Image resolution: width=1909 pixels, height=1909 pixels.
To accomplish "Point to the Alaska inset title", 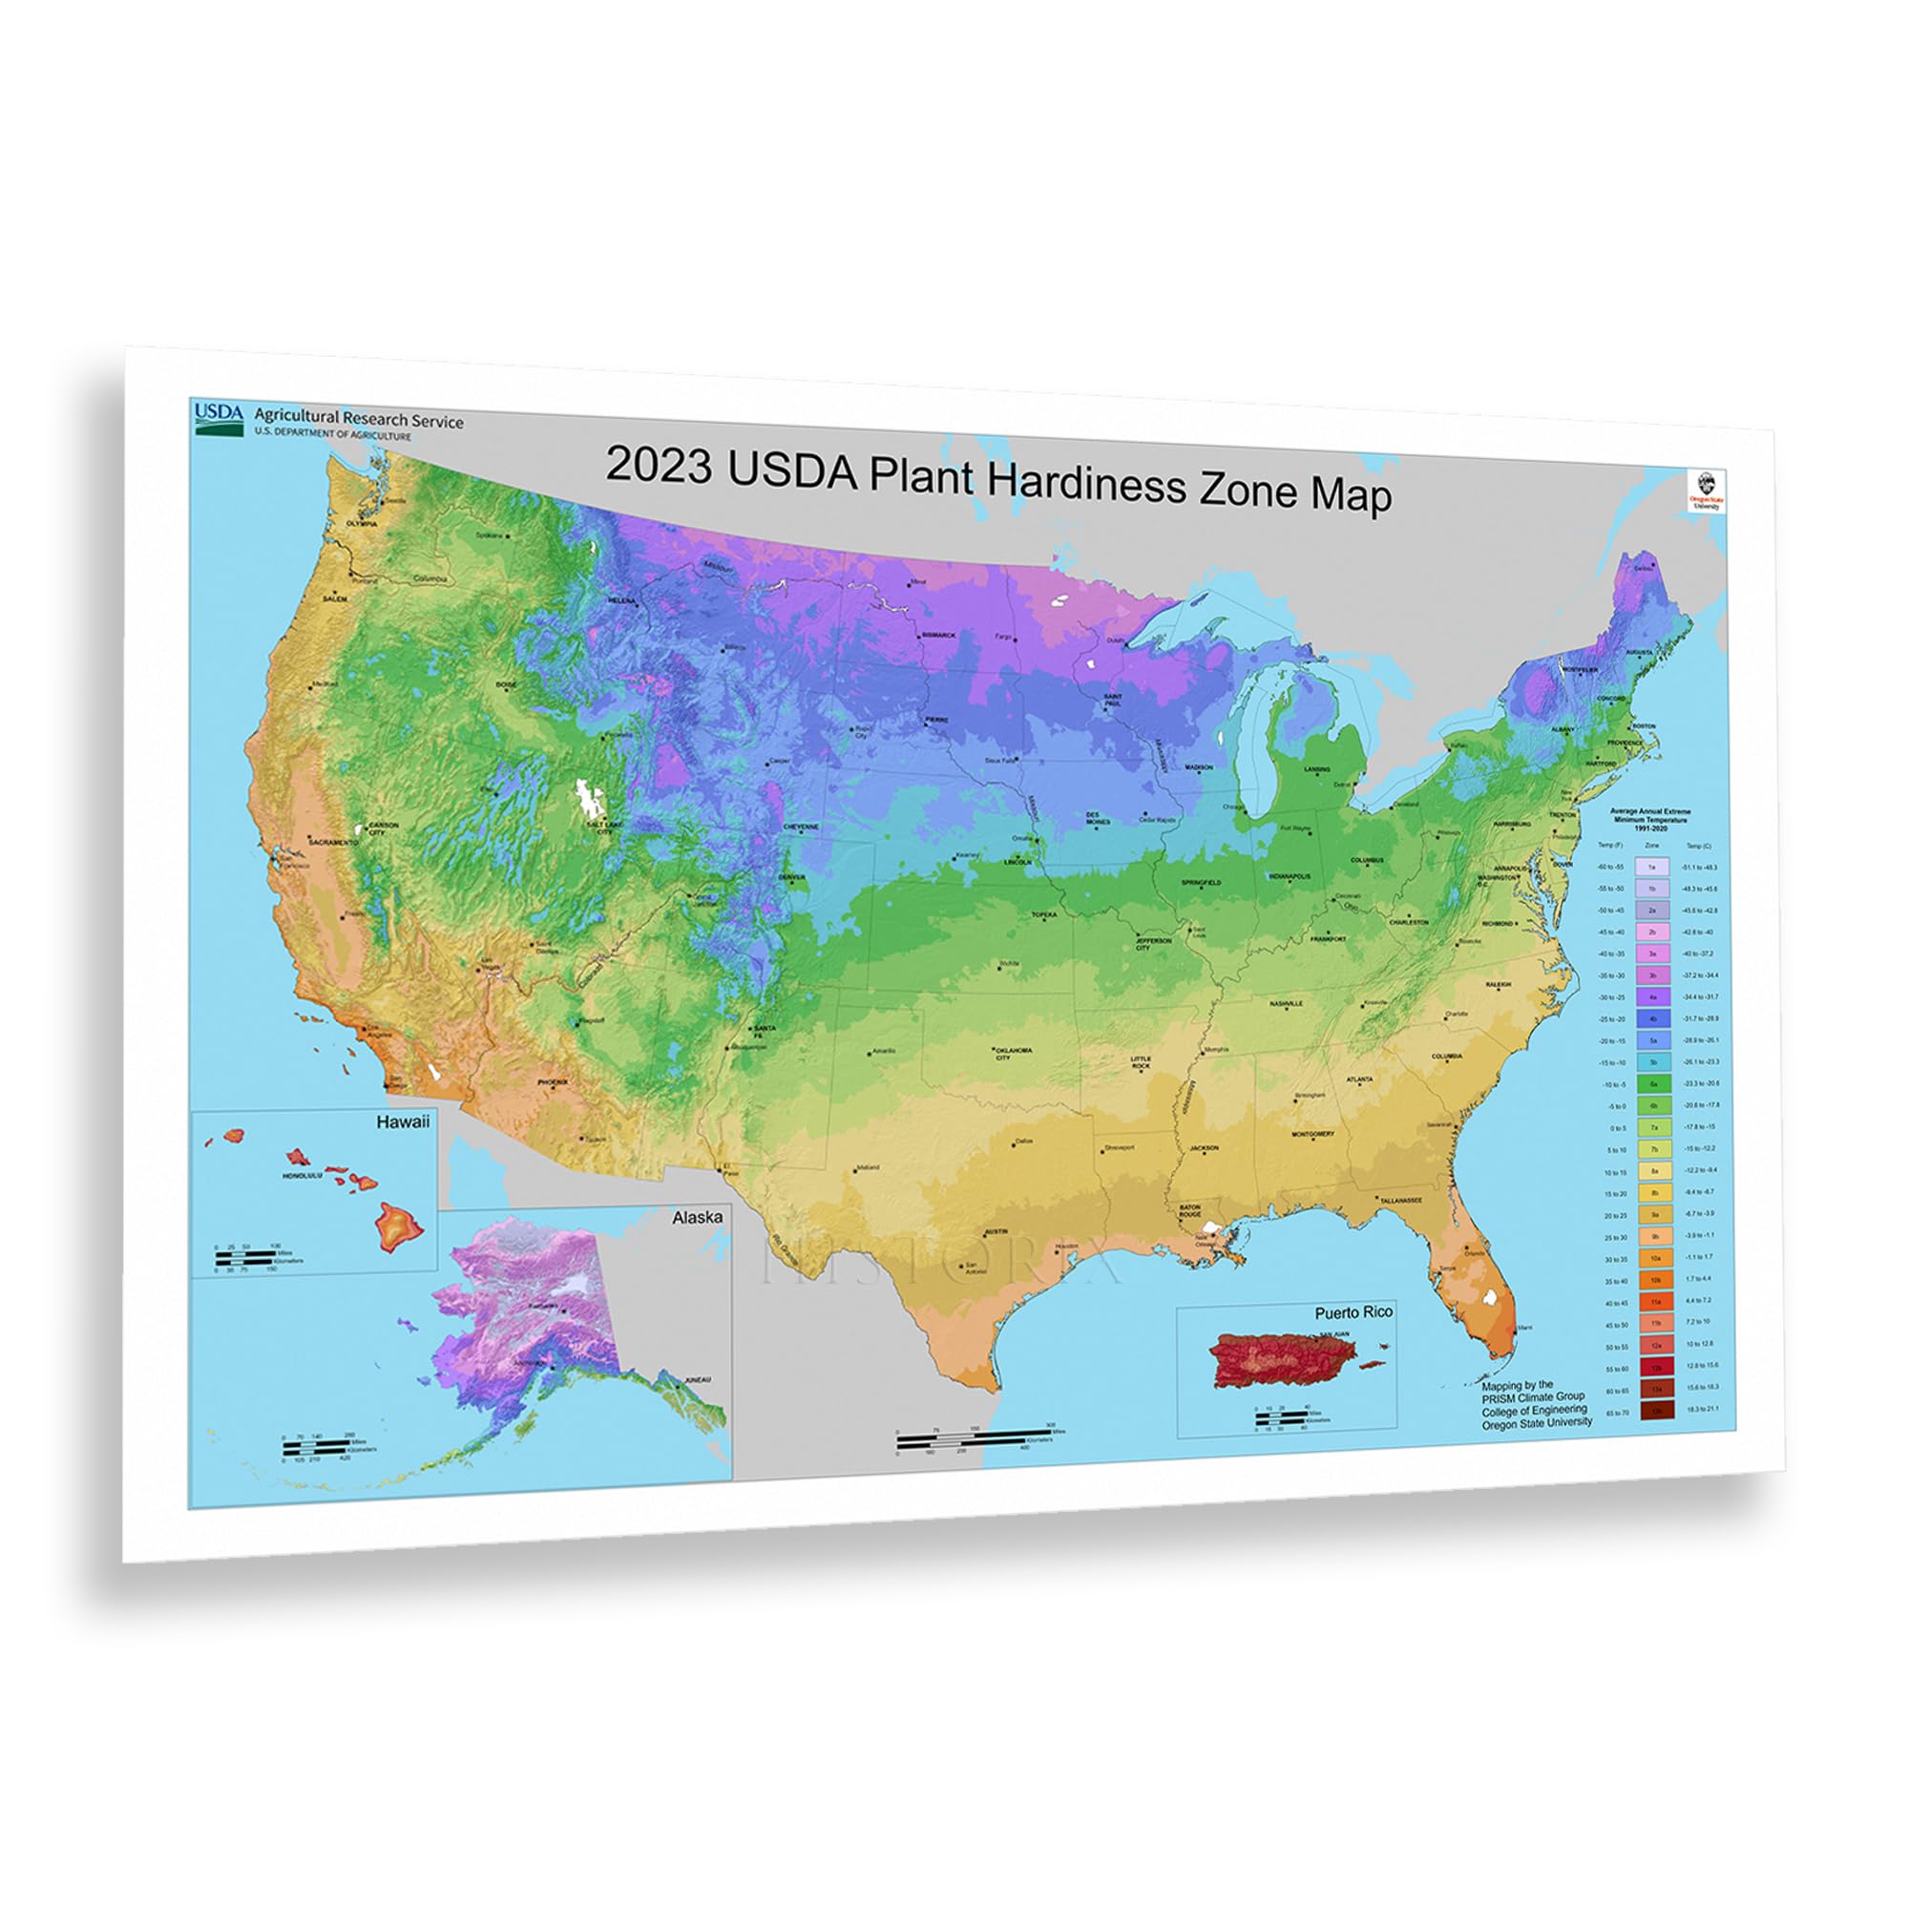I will (697, 1217).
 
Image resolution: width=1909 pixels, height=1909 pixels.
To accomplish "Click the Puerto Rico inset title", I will (1353, 1312).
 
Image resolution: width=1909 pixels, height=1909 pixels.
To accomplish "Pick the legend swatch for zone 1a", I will (1652, 867).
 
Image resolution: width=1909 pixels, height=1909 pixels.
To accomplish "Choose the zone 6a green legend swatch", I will (1652, 1084).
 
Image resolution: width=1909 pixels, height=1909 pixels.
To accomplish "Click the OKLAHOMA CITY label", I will (1013, 1054).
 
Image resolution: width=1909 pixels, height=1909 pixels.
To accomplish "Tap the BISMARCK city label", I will (938, 636).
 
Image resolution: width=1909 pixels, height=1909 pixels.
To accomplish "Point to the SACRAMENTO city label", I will (333, 842).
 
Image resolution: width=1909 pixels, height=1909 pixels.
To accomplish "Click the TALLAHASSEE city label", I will (1401, 1201).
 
